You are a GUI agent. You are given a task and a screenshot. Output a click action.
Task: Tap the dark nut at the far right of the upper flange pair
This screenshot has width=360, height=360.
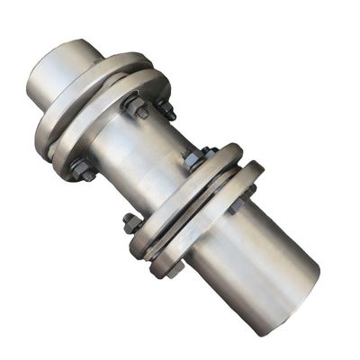166,109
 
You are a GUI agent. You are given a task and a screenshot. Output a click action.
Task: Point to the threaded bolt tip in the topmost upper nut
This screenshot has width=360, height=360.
132,99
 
